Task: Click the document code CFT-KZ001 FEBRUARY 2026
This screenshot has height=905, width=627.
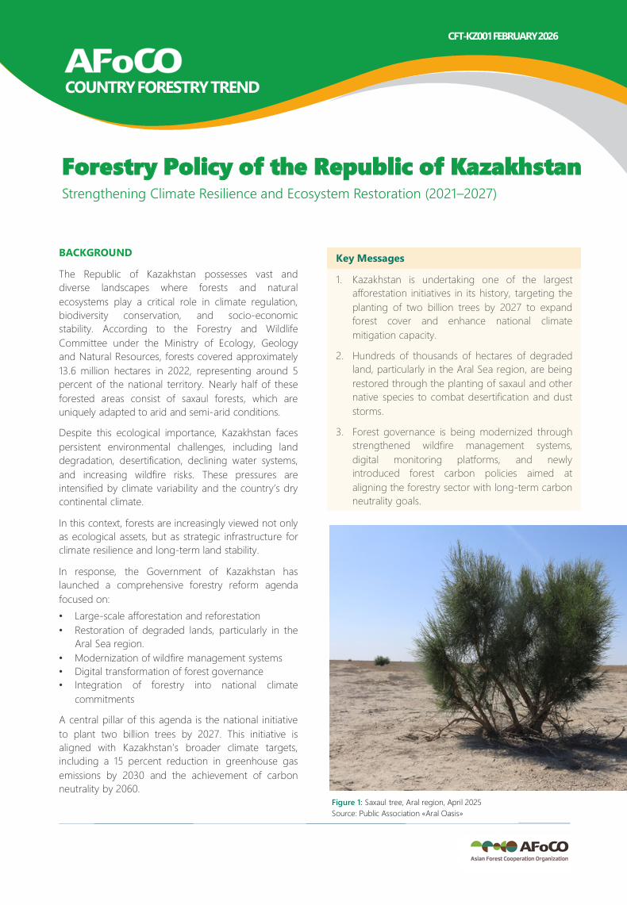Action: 503,36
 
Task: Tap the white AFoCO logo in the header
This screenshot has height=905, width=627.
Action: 123,60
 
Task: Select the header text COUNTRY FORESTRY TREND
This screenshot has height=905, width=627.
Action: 162,87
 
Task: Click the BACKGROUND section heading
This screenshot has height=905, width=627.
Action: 95,253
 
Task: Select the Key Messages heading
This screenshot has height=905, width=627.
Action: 370,259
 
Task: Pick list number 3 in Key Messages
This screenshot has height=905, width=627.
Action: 339,432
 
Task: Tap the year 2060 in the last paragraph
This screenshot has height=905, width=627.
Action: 125,789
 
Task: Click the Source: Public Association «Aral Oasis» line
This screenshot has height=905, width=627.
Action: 397,814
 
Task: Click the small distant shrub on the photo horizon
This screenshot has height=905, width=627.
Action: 382,660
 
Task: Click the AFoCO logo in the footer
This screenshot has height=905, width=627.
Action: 519,847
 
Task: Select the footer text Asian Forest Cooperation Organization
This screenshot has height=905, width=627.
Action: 519,859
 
